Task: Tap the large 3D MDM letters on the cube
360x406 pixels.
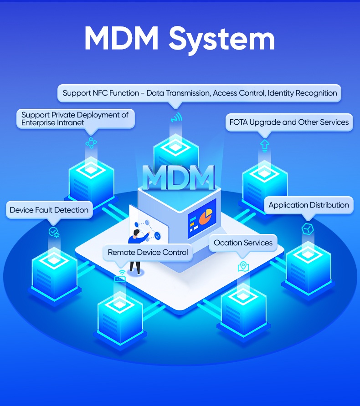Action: point(178,177)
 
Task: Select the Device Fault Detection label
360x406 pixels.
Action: point(49,210)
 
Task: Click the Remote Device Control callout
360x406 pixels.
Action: point(148,252)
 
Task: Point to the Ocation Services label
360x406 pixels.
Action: point(243,243)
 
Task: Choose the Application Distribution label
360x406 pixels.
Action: point(309,205)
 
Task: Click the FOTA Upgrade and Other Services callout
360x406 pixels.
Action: point(289,122)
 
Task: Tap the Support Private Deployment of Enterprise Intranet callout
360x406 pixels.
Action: point(75,119)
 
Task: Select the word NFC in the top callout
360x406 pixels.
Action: point(101,93)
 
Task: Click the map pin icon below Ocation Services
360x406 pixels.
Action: point(243,266)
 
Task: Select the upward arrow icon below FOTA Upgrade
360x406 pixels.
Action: point(264,145)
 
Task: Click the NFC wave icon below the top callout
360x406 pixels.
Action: point(176,117)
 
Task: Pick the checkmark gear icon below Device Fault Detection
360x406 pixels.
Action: point(54,232)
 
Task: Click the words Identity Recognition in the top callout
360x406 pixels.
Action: point(302,93)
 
